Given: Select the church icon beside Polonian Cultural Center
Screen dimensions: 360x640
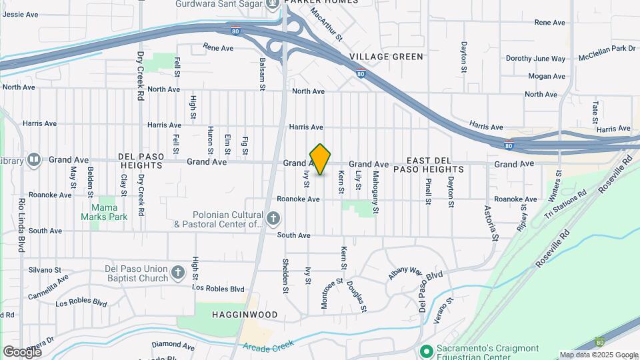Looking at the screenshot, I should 273,218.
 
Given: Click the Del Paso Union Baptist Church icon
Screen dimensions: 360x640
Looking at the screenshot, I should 177,272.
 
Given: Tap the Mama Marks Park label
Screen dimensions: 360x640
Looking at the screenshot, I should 104,212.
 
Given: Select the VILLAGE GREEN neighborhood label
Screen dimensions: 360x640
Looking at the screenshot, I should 386,57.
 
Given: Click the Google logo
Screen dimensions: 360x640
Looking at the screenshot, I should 22,351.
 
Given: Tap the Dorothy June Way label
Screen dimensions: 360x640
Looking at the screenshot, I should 535,59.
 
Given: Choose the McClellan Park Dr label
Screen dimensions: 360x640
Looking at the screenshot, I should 607,49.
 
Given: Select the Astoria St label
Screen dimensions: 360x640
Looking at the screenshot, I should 491,222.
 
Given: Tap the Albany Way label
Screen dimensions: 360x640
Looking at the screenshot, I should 405,273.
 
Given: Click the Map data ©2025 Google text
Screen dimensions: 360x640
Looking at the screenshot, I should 598,355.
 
